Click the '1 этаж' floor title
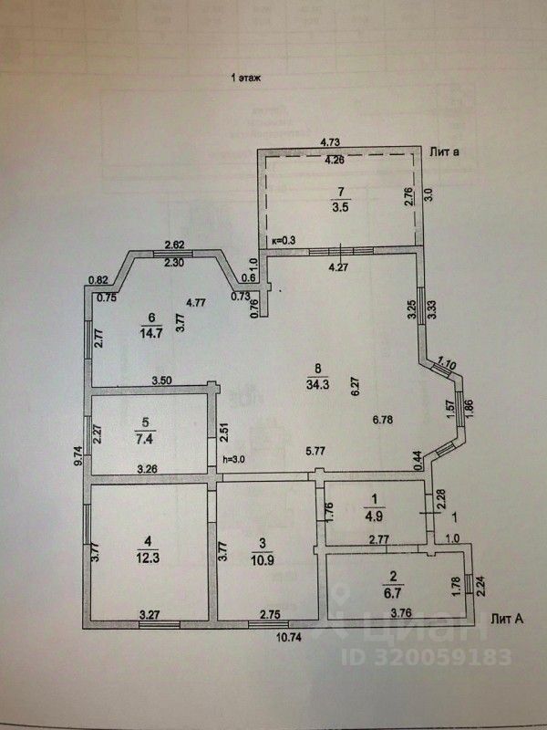tap(246, 79)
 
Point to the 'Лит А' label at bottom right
tap(507, 618)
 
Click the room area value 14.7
tap(151, 332)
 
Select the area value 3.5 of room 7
tap(343, 207)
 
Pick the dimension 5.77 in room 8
tap(315, 451)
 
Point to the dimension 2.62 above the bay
tap(175, 245)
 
